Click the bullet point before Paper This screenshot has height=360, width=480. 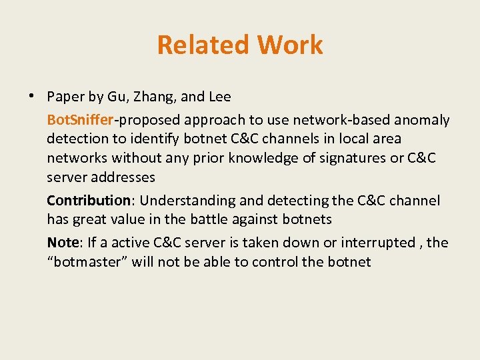click(32, 96)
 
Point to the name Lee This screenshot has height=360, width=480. click(220, 97)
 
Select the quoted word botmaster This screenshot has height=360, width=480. click(87, 261)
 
